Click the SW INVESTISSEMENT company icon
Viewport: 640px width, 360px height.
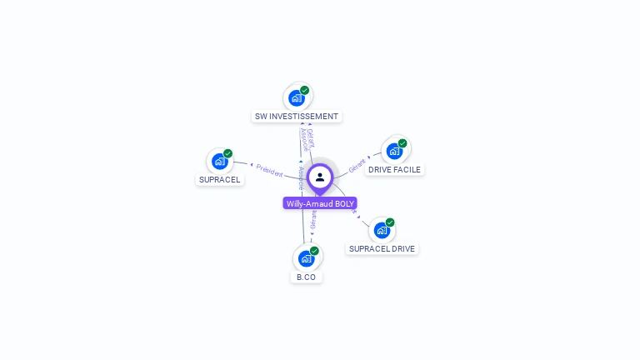pos(296,97)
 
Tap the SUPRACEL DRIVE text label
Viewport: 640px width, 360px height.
pos(382,248)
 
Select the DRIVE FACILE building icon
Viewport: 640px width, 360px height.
pos(394,151)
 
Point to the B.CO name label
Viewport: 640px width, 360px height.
pos(306,277)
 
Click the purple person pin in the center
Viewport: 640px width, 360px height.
pos(320,177)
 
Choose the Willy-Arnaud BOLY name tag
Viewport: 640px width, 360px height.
pos(320,203)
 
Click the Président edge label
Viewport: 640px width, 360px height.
pos(270,169)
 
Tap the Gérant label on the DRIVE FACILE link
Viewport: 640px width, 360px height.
pos(357,163)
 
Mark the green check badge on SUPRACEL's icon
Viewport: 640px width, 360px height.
pos(227,153)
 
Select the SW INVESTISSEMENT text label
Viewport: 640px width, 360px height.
pos(297,117)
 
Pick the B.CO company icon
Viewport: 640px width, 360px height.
pos(306,258)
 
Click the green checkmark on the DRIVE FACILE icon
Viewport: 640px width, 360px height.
pos(402,143)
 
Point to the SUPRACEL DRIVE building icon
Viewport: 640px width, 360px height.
pos(382,230)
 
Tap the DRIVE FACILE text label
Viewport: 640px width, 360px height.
pos(395,169)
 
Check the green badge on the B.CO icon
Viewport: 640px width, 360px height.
pos(314,251)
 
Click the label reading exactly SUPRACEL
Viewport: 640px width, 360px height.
pos(220,179)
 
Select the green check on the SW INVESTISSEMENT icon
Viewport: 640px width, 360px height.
pos(304,90)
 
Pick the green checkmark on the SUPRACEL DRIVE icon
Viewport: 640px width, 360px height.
pos(390,222)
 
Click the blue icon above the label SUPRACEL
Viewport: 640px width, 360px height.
pos(220,161)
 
